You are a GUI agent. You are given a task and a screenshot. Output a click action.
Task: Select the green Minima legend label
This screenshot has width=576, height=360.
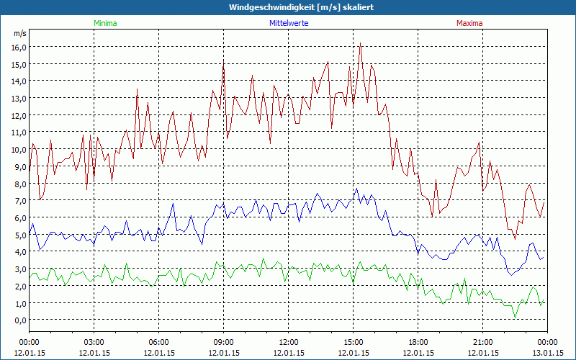(x=104, y=23)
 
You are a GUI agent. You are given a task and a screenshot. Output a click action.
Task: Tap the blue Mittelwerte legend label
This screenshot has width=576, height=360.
(x=288, y=23)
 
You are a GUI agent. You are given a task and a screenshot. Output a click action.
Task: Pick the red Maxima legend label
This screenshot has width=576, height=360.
(x=469, y=23)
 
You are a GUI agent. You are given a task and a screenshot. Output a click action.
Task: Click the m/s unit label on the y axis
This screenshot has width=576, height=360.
(x=19, y=33)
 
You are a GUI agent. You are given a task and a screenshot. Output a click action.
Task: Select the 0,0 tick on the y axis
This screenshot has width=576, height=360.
(x=19, y=320)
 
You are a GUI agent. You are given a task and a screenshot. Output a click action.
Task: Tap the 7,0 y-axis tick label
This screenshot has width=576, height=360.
(x=19, y=201)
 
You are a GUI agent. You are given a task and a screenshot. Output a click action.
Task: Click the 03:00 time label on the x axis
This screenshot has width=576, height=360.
(x=94, y=342)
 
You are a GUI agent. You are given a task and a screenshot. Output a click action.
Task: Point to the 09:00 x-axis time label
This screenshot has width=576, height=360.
(x=223, y=342)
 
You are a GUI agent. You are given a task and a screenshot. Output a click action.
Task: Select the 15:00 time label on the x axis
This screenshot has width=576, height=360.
(x=353, y=342)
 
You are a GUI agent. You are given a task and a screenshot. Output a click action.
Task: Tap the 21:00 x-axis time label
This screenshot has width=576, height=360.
(x=482, y=342)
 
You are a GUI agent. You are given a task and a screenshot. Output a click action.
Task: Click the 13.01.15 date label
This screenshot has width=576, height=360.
(x=547, y=353)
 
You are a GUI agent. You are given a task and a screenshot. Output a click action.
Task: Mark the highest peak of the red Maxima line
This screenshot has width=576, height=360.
(x=360, y=44)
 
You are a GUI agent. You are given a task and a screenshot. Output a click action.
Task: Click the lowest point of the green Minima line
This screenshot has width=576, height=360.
(x=515, y=316)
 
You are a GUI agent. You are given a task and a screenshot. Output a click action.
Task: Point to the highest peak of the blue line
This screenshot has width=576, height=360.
(x=356, y=189)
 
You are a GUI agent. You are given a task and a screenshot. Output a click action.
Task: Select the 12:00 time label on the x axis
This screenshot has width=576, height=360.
(x=288, y=342)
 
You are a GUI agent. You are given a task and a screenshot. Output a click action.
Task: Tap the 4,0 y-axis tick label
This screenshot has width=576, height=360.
(x=19, y=252)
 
